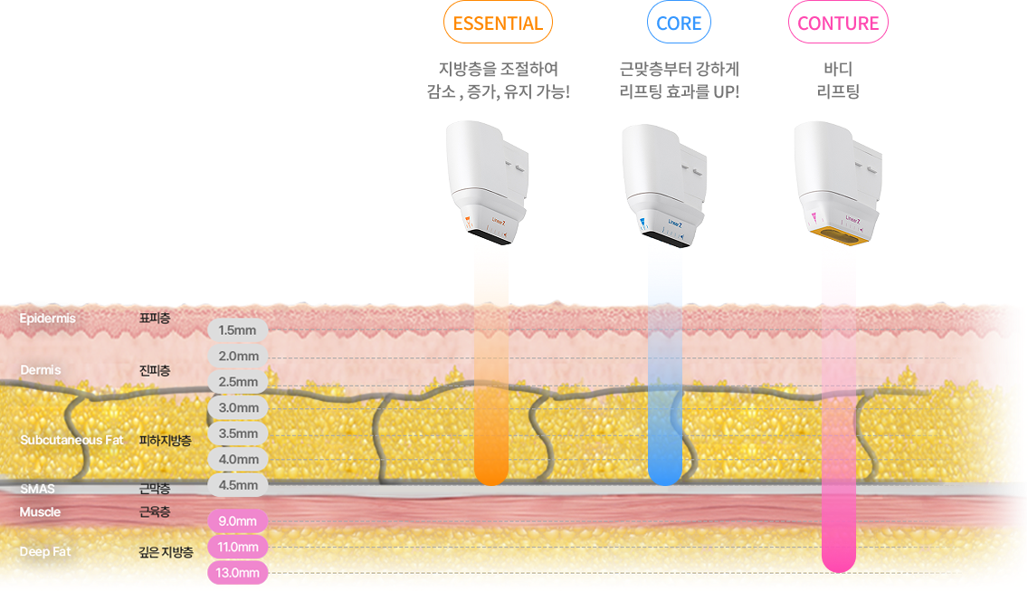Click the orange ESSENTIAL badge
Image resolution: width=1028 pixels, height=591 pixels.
coord(498,24)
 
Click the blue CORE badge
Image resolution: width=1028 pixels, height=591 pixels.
coord(679,24)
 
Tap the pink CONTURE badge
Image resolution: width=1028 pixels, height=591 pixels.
coord(838,24)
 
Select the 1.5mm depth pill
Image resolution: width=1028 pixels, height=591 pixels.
coord(238,330)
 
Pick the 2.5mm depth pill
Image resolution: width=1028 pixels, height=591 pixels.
coord(238,382)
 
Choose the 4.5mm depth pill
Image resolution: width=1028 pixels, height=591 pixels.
coord(238,485)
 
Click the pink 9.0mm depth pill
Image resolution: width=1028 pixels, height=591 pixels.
coord(238,521)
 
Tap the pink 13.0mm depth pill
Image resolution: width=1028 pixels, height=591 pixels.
coord(238,573)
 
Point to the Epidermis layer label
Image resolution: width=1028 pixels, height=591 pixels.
coord(47,319)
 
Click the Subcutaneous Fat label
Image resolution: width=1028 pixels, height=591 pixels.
coord(71,440)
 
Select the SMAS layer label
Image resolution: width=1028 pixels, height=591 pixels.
coord(37,489)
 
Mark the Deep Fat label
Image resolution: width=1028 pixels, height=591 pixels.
coord(45,551)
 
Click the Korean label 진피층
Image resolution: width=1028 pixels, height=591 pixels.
coord(155,370)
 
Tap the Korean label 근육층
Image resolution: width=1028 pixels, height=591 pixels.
coord(155,512)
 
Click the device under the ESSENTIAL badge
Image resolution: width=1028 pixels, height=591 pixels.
coord(489,181)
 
